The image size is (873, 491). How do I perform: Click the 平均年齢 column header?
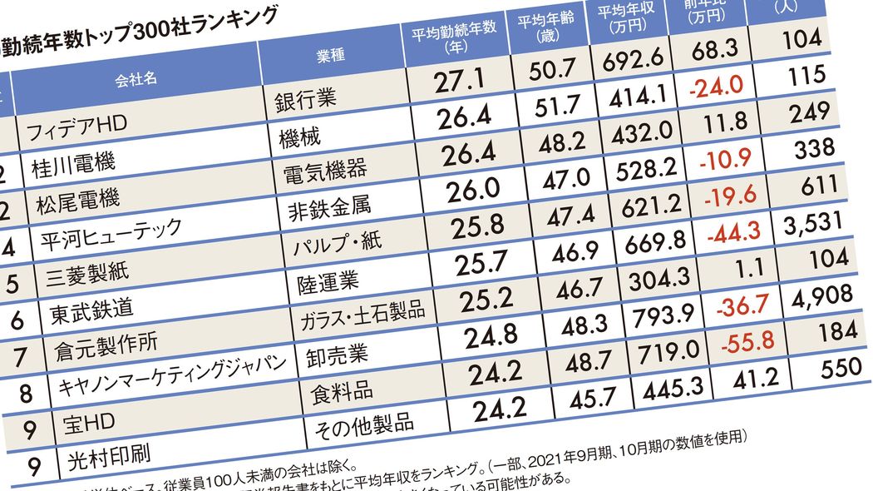(x=540, y=26)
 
